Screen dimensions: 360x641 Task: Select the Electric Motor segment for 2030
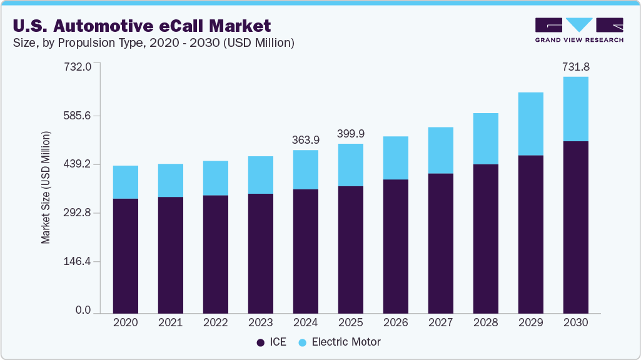tap(576, 109)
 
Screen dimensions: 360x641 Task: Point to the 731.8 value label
tap(576, 66)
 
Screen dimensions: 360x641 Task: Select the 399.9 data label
tap(351, 134)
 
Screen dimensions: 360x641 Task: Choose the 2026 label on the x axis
tap(396, 322)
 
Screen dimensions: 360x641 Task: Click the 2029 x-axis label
tap(531, 322)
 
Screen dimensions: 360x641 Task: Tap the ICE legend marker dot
tap(260, 342)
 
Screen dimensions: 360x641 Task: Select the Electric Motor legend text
tap(346, 342)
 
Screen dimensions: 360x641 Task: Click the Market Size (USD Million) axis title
tap(46, 187)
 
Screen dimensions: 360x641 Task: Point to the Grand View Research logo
tap(578, 29)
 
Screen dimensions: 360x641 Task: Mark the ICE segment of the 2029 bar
tap(531, 234)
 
